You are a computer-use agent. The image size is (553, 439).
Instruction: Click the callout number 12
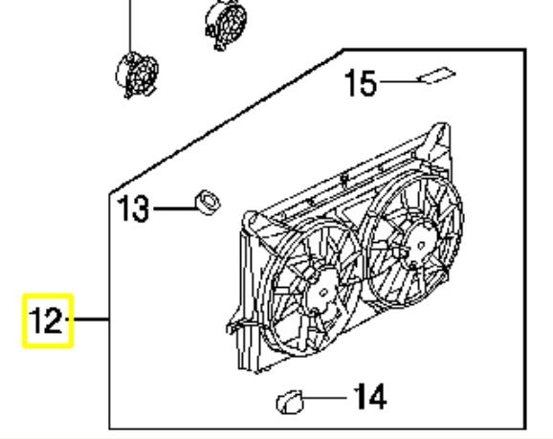tap(47, 320)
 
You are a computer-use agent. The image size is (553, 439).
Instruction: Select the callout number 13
tap(134, 209)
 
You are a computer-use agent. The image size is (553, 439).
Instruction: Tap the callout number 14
tap(370, 396)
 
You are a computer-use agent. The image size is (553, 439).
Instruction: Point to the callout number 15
tap(361, 83)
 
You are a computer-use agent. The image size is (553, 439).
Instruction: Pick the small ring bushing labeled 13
tap(208, 202)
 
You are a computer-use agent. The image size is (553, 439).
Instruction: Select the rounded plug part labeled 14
tap(290, 403)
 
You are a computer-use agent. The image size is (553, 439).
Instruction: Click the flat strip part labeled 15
tap(436, 76)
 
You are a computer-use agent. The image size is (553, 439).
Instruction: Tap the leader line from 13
tap(175, 209)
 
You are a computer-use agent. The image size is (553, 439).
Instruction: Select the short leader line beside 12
tap(87, 319)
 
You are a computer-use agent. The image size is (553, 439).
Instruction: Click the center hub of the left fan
tap(323, 293)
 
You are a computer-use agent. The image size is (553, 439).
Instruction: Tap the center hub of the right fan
tap(421, 245)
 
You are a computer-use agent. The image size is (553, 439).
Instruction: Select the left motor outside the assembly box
tap(137, 75)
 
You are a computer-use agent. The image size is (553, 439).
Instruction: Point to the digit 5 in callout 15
tap(367, 83)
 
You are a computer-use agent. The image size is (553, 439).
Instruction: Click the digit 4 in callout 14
tap(376, 396)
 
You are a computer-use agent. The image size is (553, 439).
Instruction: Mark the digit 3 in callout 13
tap(140, 209)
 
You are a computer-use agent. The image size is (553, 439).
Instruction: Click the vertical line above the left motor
tap(130, 26)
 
